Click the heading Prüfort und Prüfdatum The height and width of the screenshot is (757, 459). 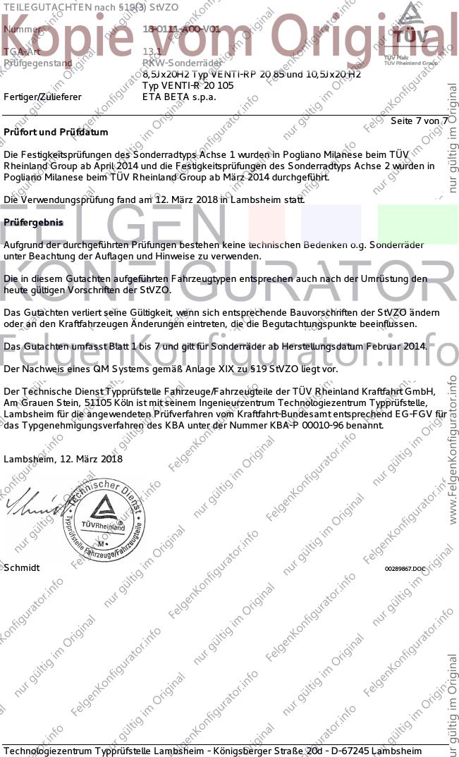pyautogui.click(x=56, y=132)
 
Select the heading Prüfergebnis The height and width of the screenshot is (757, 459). pyautogui.click(x=33, y=222)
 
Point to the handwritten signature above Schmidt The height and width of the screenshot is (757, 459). pyautogui.click(x=31, y=504)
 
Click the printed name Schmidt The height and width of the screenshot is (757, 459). pyautogui.click(x=22, y=567)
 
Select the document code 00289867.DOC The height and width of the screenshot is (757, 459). pyautogui.click(x=405, y=568)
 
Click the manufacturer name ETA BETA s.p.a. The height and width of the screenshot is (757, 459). pyautogui.click(x=179, y=97)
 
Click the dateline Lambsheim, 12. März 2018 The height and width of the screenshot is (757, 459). pyautogui.click(x=63, y=459)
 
